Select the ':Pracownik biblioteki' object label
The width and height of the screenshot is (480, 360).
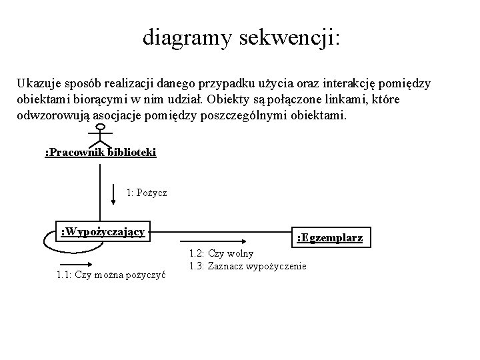(x=100, y=153)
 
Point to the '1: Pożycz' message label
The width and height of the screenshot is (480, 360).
(x=147, y=193)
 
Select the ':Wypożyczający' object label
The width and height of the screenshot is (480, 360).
(x=103, y=231)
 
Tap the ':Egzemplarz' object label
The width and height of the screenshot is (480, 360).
(x=329, y=237)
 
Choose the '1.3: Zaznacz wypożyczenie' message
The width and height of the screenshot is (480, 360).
(x=247, y=267)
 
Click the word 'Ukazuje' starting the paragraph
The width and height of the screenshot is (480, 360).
(x=39, y=84)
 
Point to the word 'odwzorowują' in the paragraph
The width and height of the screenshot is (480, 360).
(x=50, y=116)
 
